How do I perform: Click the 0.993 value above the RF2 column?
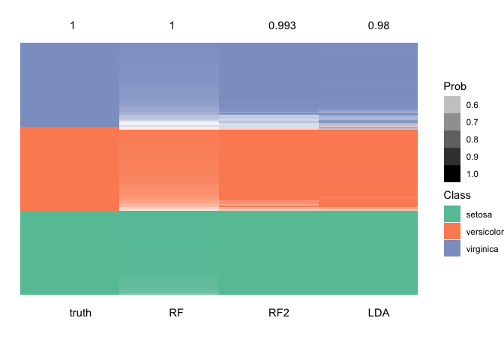pos(282,26)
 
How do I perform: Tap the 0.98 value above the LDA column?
pos(378,26)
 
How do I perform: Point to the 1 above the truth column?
pos(73,26)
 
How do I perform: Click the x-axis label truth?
pos(80,313)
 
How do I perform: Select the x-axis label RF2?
pos(278,313)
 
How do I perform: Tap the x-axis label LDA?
pos(378,313)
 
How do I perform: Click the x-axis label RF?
pos(176,313)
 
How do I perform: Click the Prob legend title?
pos(455,86)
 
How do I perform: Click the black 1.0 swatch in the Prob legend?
pos(452,174)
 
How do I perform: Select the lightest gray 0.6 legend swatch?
pos(452,105)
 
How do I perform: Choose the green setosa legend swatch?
pos(452,214)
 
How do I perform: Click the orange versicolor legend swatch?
pos(452,232)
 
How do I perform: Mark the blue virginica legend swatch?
pos(452,249)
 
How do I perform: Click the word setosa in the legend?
pos(479,214)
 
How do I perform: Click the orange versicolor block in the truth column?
pos(70,169)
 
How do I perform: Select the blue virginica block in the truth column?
pos(70,85)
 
